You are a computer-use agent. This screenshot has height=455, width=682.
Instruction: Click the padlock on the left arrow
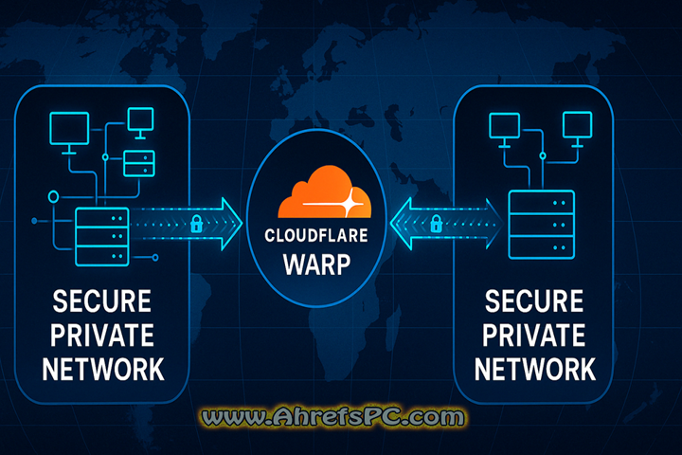pyautogui.click(x=196, y=224)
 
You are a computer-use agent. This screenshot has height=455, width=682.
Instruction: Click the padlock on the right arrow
pyautogui.click(x=437, y=224)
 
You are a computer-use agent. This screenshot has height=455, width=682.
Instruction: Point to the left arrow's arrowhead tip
pyautogui.click(x=242, y=224)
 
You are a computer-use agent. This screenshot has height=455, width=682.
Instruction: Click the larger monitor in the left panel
pyautogui.click(x=68, y=133)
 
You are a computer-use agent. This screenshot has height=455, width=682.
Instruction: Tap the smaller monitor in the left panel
pyautogui.click(x=140, y=120)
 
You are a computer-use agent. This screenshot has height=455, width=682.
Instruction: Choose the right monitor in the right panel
pyautogui.click(x=577, y=125)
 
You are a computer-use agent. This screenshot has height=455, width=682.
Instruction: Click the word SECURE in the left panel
pyautogui.click(x=101, y=304)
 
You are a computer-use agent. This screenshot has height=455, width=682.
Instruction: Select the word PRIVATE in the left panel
pyautogui.click(x=101, y=336)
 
